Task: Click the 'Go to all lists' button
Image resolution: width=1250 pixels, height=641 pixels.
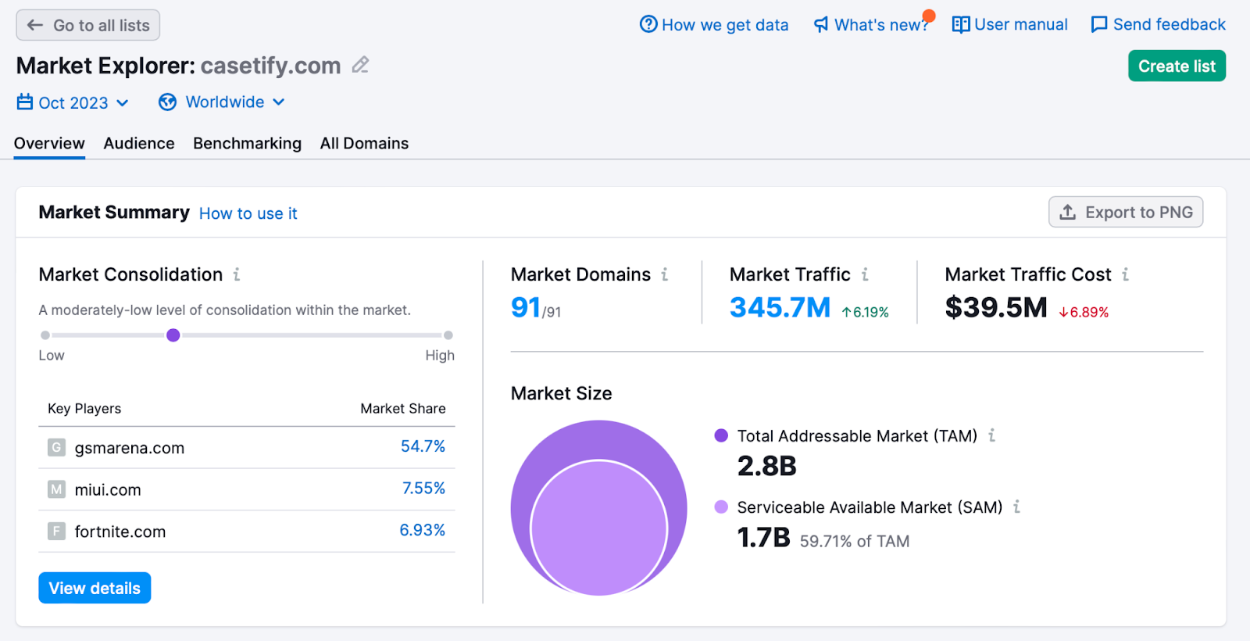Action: point(87,25)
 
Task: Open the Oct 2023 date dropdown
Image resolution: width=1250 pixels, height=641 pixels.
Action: point(73,102)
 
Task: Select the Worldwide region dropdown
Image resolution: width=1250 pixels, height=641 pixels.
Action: point(222,102)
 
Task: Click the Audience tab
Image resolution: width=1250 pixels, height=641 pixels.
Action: point(139,144)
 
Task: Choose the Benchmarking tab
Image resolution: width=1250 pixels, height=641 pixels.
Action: point(247,144)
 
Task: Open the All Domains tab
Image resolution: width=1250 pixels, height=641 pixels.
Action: point(364,144)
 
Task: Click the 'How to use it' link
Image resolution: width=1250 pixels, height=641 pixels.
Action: point(248,213)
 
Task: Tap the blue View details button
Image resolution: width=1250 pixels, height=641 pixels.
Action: point(95,588)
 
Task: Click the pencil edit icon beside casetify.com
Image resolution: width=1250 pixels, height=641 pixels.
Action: point(360,65)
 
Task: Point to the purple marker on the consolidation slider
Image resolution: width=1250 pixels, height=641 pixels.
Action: point(173,335)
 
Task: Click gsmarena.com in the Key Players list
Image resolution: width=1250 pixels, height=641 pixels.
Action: point(129,448)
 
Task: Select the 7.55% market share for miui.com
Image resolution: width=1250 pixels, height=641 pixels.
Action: point(423,489)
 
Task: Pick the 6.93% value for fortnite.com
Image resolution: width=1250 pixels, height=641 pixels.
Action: point(422,530)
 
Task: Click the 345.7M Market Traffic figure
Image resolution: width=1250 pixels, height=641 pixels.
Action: point(780,307)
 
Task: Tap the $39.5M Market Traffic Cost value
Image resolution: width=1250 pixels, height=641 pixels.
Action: point(995,307)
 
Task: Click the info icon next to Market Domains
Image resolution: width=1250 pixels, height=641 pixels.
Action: point(665,274)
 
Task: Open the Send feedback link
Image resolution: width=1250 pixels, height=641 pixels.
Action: point(1158,25)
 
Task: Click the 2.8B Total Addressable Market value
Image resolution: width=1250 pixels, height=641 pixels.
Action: point(766,466)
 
